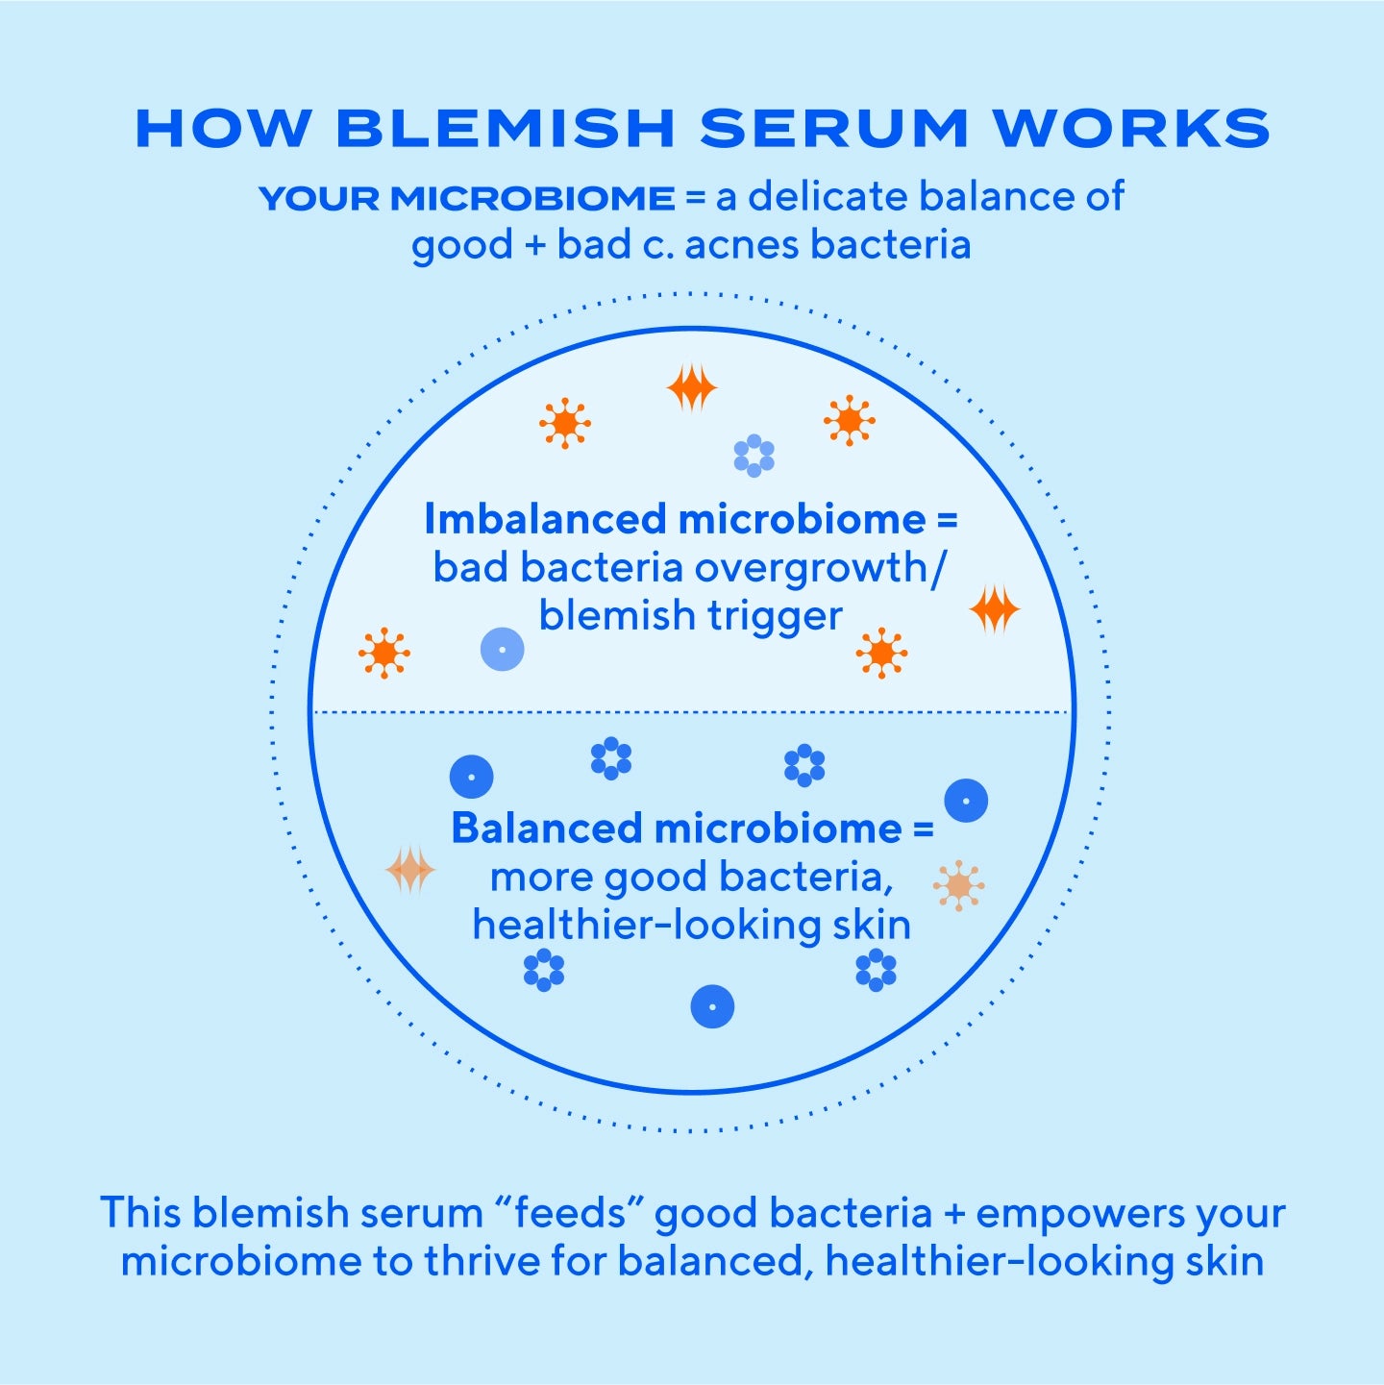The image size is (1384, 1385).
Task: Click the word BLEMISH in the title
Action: pos(506,129)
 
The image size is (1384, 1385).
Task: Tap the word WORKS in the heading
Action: pos(1131,129)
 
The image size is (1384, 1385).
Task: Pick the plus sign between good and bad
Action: pos(534,246)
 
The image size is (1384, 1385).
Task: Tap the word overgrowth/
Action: pos(820,569)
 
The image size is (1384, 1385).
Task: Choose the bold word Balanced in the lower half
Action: pos(547,829)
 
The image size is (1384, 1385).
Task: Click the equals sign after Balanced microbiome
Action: pos(923,829)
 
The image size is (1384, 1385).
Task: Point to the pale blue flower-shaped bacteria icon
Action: pos(754,456)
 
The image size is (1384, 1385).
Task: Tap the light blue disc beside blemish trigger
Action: pos(502,650)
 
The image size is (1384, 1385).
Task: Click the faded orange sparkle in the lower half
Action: pos(410,870)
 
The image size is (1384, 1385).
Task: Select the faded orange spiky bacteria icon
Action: pos(958,885)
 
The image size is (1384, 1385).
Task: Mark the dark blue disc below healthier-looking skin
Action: pos(712,1007)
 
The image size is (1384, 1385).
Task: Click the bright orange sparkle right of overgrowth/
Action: pos(994,609)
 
